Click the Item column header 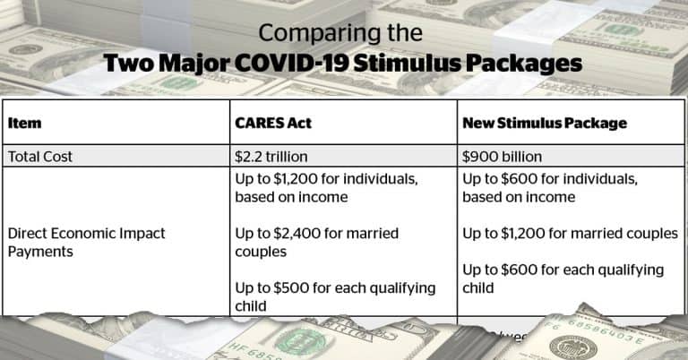click(x=24, y=122)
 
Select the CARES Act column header click(x=273, y=122)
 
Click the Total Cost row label click(x=40, y=156)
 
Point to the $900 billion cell click(x=502, y=156)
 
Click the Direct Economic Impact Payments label click(x=86, y=242)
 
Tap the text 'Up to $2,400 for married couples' click(x=316, y=243)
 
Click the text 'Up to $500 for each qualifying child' click(x=335, y=296)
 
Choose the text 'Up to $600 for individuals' click(x=550, y=179)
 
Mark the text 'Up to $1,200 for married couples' click(x=570, y=233)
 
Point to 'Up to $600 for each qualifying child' click(x=563, y=278)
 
